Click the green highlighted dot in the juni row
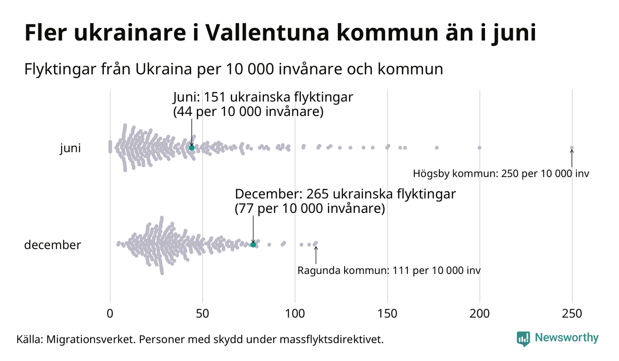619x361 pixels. click(192, 147)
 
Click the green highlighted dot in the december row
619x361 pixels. click(253, 244)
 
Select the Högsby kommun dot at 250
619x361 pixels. click(572, 148)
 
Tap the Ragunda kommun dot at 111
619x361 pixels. click(316, 243)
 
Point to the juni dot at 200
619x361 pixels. click(479, 148)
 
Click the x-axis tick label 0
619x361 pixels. click(110, 313)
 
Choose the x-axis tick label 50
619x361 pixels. click(202, 313)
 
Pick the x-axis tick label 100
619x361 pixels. click(295, 313)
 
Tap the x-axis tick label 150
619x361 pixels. click(387, 313)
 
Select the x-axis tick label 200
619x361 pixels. click(479, 313)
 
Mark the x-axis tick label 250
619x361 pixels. click(572, 313)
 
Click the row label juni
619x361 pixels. click(70, 149)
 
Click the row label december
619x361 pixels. click(52, 245)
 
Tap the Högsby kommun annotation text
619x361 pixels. click(501, 174)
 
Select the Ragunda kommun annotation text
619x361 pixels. click(388, 270)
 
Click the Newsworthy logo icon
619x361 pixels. click(523, 338)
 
